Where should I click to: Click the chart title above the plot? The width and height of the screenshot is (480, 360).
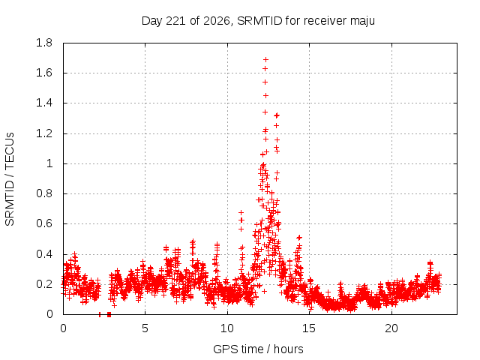coord(258,21)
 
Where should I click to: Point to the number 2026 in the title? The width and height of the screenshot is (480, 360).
coord(217,21)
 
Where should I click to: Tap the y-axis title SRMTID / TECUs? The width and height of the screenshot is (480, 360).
coord(10,179)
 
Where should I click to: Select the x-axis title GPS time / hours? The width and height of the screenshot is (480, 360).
coord(258,349)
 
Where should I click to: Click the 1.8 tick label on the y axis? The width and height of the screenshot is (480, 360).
coord(44,43)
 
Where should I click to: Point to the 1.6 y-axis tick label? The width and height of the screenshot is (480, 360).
coord(44,73)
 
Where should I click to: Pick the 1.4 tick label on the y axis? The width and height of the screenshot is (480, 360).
coord(44,103)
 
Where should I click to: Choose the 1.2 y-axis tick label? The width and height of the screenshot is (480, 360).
coord(44,133)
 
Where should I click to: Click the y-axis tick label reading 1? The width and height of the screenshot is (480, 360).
coord(49,163)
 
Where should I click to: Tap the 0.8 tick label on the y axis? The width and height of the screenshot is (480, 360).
coord(44,193)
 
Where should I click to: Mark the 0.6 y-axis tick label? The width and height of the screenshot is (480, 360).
coord(44,223)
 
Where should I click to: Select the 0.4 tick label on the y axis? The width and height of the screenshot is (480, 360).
coord(44,254)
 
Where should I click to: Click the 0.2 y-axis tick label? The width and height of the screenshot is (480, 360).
coord(44,284)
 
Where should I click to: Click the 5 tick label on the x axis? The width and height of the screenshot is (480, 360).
coord(145,328)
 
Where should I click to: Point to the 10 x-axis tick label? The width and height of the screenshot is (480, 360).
coord(227,328)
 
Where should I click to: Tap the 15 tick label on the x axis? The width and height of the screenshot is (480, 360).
coord(309,328)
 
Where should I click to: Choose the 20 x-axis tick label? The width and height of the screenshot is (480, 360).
coord(391,328)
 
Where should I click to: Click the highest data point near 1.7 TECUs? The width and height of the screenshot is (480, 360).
coord(266,59)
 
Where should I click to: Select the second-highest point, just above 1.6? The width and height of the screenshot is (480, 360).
coord(265,68)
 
